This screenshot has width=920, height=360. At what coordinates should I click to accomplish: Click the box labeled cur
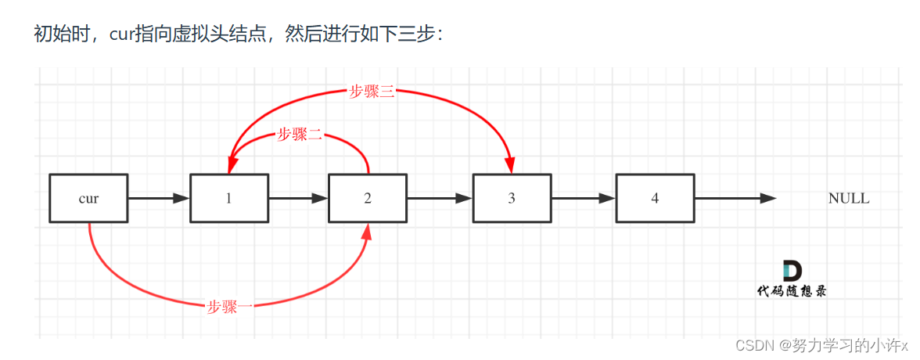click(x=88, y=198)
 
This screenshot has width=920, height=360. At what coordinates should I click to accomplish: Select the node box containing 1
click(x=228, y=198)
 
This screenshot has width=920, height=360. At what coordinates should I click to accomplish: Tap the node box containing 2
click(x=368, y=198)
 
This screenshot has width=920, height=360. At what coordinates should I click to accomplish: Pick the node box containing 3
click(x=512, y=198)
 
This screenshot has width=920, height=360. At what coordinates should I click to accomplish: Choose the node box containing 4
click(x=655, y=198)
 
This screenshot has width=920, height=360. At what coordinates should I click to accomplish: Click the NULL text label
click(x=848, y=199)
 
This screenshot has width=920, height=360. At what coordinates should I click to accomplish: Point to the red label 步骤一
click(x=230, y=307)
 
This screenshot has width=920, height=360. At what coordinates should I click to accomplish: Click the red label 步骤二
click(x=300, y=135)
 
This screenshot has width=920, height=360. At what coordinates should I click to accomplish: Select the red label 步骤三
click(x=372, y=92)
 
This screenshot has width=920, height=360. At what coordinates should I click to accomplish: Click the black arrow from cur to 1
click(x=159, y=199)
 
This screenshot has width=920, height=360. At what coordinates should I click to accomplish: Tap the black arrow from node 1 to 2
click(x=298, y=199)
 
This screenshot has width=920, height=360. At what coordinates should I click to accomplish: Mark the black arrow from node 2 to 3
click(x=440, y=199)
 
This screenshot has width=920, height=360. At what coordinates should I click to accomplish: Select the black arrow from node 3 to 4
click(x=583, y=199)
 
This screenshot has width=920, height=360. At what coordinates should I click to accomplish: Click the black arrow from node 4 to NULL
click(x=735, y=199)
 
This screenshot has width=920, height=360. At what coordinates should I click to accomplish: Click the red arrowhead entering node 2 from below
click(x=368, y=230)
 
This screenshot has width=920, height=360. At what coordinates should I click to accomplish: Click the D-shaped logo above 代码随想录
click(x=792, y=272)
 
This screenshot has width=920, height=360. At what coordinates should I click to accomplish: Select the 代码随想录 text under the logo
click(x=791, y=291)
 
